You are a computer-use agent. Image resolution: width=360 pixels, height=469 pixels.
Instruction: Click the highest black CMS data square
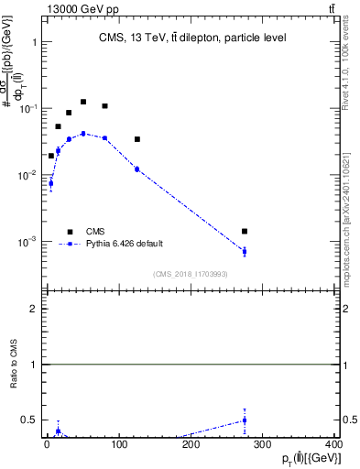(x=83, y=102)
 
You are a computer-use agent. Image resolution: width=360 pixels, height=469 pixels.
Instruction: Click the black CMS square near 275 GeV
(x=245, y=232)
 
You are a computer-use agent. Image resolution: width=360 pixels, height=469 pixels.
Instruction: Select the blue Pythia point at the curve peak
(x=83, y=134)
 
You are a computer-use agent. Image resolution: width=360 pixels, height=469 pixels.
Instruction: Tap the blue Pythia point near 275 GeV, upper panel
(x=245, y=251)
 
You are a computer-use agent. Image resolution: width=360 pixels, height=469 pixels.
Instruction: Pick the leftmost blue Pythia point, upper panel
(x=50, y=183)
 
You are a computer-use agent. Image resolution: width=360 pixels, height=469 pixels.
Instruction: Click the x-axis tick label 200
(x=191, y=444)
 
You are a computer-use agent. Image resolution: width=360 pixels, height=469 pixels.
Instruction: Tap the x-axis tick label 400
(x=333, y=444)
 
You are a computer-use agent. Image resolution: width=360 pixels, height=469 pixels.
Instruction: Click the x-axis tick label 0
(x=47, y=444)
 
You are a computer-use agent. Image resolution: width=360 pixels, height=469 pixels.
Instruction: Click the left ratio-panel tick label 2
(x=33, y=310)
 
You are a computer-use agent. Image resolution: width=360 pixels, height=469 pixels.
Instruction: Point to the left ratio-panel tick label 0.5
(x=29, y=420)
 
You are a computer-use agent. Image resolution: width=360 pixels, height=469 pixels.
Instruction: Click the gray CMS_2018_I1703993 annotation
(x=191, y=273)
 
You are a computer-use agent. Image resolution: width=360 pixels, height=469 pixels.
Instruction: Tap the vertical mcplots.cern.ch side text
(x=349, y=220)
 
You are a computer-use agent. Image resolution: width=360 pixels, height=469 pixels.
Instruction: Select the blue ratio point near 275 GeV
(x=245, y=420)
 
